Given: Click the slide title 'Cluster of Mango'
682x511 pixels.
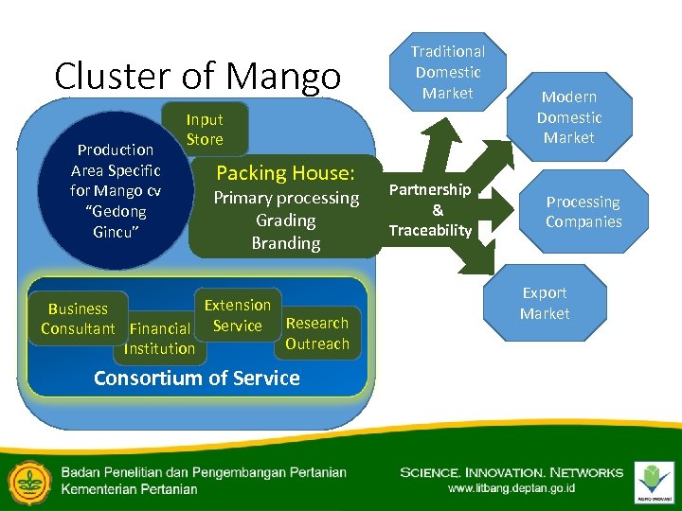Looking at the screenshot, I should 197,76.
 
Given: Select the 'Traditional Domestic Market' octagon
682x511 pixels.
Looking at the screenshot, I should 447,72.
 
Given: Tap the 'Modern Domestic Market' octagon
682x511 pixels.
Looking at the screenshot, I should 568,117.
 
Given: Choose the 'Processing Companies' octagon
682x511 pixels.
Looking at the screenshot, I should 583,212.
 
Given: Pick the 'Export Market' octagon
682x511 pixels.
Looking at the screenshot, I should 545,303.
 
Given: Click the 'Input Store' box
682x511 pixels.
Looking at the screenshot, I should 205,130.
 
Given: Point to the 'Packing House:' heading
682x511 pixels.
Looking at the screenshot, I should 285,173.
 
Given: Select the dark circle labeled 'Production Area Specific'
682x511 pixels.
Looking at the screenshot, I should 116,190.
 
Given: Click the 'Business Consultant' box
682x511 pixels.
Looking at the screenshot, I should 78,318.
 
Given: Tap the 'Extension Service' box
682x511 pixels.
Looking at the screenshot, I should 237,315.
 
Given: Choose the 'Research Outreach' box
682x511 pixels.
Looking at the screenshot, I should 317,333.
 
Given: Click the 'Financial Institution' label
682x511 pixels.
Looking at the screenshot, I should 159,339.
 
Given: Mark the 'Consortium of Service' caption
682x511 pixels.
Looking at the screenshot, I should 196,379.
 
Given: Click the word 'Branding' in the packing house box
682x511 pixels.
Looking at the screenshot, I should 286,243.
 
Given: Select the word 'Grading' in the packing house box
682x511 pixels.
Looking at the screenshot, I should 286,220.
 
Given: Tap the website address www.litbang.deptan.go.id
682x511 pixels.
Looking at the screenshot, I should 511,488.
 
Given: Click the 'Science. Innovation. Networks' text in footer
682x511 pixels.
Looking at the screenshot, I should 511,472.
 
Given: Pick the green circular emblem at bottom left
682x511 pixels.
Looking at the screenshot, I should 29,480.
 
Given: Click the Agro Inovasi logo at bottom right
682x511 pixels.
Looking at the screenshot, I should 654,480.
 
